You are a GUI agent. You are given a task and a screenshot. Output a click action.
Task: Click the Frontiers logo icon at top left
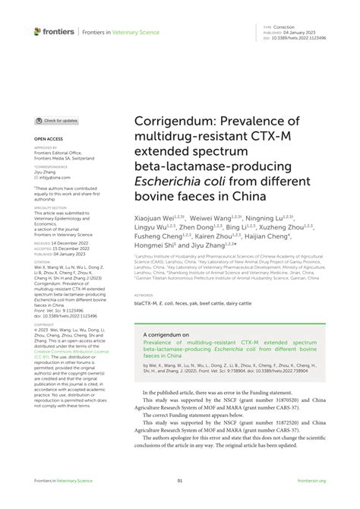[x=37, y=31]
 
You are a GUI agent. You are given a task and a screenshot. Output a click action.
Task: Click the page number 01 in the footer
[x=180, y=480]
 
